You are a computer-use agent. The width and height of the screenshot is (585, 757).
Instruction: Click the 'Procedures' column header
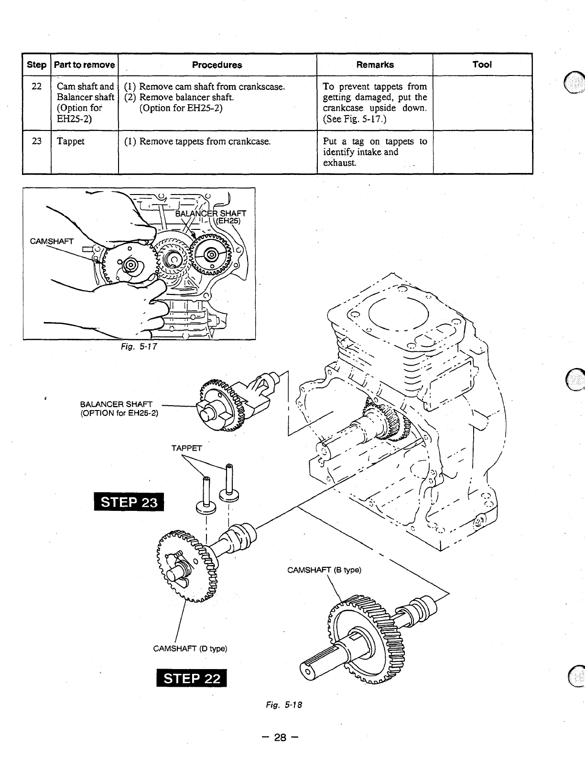217,65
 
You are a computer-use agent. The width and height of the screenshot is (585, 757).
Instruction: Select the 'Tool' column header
482,65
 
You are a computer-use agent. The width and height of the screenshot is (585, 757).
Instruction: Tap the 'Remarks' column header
375,65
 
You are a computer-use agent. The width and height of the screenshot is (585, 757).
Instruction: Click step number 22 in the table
36,87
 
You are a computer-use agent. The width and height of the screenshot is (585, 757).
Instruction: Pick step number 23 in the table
36,141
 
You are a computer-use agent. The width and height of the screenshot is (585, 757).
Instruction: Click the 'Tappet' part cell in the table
70,141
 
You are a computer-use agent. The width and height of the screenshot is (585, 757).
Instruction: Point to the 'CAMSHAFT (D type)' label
190,649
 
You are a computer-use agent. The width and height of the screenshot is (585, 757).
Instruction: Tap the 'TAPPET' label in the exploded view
186,448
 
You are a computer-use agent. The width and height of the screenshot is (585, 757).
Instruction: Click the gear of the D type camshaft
184,564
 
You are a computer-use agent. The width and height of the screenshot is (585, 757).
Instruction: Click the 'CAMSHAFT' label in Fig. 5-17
52,241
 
